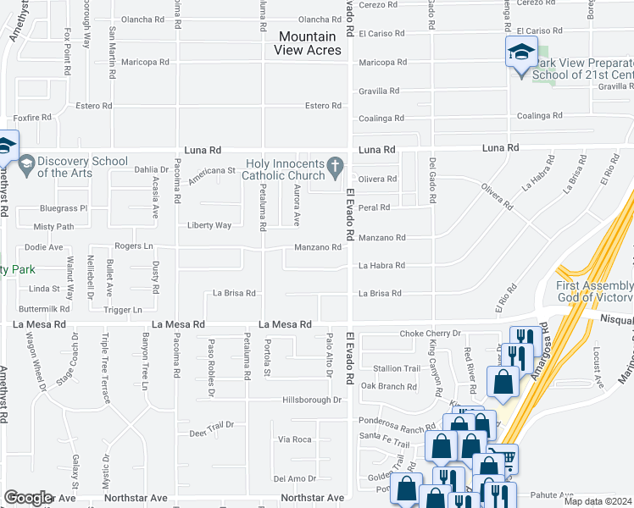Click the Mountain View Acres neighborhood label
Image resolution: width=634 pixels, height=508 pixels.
click(308, 43)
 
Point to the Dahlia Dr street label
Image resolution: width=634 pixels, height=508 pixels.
click(152, 169)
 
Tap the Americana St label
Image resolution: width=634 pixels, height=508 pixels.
click(211, 170)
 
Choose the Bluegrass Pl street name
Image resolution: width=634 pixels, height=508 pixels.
click(64, 208)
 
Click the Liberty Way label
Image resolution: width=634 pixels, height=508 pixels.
click(209, 225)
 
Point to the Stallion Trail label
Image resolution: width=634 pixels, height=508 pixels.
click(397, 368)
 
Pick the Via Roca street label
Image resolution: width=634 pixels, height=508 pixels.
click(295, 439)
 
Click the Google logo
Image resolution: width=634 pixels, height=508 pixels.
click(28, 498)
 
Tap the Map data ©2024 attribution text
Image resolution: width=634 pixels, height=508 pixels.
click(598, 501)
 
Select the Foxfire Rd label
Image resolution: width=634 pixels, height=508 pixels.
click(32, 118)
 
